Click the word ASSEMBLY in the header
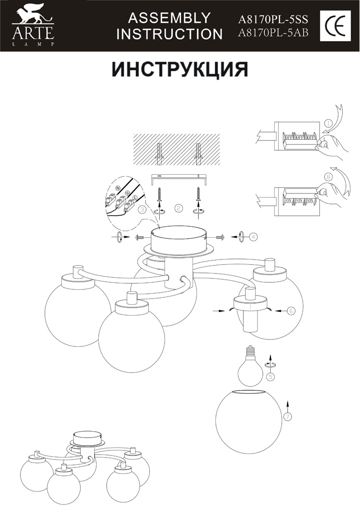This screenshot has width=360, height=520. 170,18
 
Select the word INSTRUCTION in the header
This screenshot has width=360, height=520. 170,34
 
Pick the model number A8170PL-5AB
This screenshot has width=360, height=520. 273,34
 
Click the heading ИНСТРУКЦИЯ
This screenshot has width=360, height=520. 180,69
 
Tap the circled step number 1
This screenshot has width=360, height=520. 328,123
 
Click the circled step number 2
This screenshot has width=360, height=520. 178,208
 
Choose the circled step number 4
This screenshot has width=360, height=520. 253,237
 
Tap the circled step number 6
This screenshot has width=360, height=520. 291,310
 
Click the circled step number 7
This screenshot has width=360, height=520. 287,416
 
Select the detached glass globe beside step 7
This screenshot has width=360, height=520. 249,420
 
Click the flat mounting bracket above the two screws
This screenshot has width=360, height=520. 178,177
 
